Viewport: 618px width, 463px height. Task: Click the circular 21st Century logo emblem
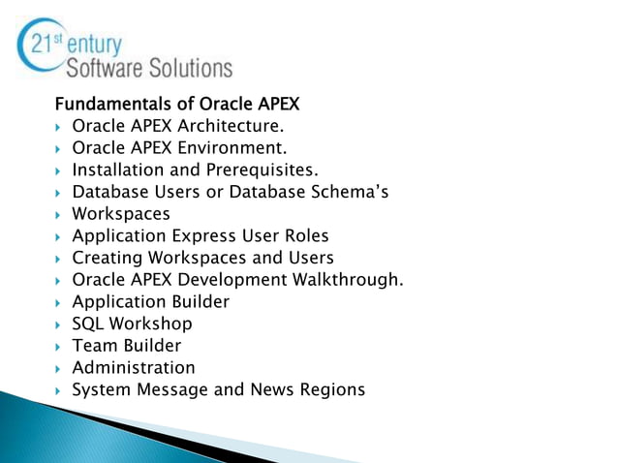coord(40,44)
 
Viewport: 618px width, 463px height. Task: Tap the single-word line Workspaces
coord(121,214)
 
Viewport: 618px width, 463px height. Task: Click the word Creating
coord(108,258)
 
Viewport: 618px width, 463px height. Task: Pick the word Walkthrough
coord(349,280)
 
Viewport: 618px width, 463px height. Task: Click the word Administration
coord(134,367)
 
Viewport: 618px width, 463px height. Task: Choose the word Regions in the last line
coord(331,389)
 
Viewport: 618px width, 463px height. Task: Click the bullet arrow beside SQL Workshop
coord(59,324)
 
